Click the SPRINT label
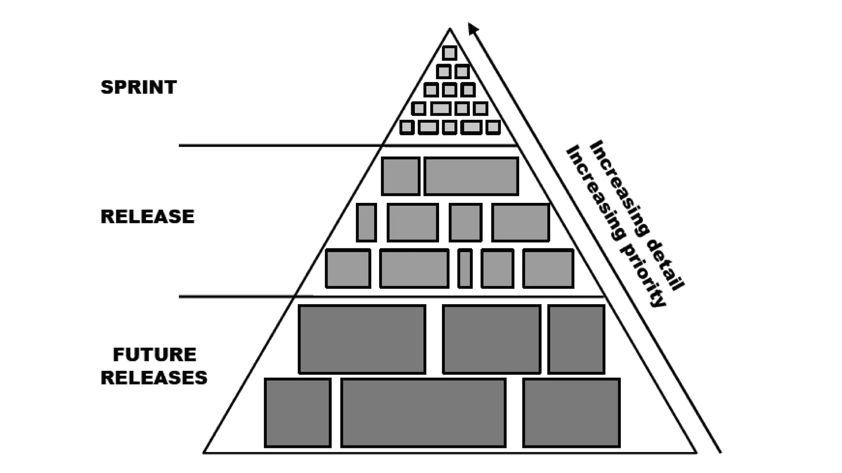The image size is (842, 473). [139, 87]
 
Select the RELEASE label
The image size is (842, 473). [147, 216]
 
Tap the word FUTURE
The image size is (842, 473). [155, 355]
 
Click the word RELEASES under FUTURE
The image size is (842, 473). [154, 378]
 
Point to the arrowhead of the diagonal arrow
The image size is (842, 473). [473, 28]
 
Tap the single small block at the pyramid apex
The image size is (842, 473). [450, 53]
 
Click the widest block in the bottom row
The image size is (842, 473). [423, 413]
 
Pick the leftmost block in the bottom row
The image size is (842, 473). [298, 413]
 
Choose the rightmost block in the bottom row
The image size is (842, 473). [571, 413]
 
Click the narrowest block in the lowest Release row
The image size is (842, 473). [465, 268]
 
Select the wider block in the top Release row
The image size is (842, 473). [471, 176]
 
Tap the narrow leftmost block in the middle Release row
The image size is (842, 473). [366, 222]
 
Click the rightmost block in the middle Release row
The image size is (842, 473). [520, 222]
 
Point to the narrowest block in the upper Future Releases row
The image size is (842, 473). [576, 339]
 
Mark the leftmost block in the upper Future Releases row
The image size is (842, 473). [362, 339]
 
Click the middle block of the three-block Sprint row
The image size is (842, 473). [449, 90]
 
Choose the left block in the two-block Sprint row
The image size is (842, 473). [444, 72]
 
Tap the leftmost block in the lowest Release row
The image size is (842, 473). [348, 268]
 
